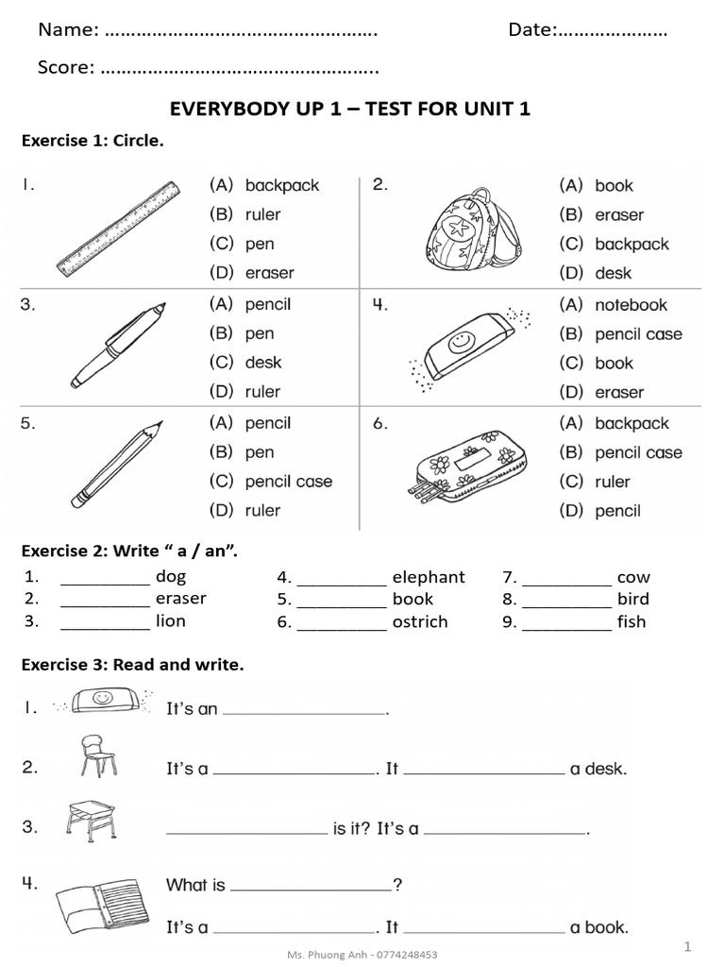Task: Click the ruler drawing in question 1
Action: [x=118, y=228]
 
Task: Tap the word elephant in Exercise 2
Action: [x=429, y=577]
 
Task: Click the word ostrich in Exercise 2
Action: [x=420, y=621]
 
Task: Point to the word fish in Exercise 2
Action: [x=632, y=621]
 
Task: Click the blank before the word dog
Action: [x=105, y=579]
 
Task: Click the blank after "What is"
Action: [x=311, y=887]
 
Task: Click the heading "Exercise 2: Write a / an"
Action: [x=129, y=551]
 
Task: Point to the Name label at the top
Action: [x=68, y=30]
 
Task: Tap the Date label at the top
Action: [x=531, y=30]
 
